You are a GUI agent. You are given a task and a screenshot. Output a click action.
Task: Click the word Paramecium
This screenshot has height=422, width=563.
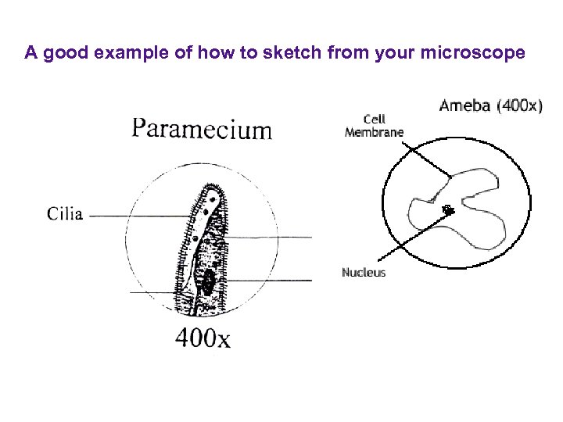pyautogui.click(x=202, y=129)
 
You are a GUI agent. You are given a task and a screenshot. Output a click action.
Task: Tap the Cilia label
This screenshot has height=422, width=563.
pyautogui.click(x=64, y=214)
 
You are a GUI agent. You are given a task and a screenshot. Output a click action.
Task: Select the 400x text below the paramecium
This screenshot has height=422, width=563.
pyautogui.click(x=202, y=339)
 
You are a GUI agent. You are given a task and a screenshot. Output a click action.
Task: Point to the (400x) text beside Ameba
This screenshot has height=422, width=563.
pyautogui.click(x=518, y=105)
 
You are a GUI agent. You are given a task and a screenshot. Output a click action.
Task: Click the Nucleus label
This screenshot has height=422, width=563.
pyautogui.click(x=364, y=273)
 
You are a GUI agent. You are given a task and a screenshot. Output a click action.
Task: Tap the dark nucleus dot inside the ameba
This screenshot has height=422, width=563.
pyautogui.click(x=448, y=209)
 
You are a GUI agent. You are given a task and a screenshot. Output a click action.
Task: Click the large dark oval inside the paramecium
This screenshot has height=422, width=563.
pyautogui.click(x=209, y=283)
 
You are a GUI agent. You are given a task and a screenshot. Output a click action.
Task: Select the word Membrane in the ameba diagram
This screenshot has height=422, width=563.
pyautogui.click(x=374, y=132)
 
